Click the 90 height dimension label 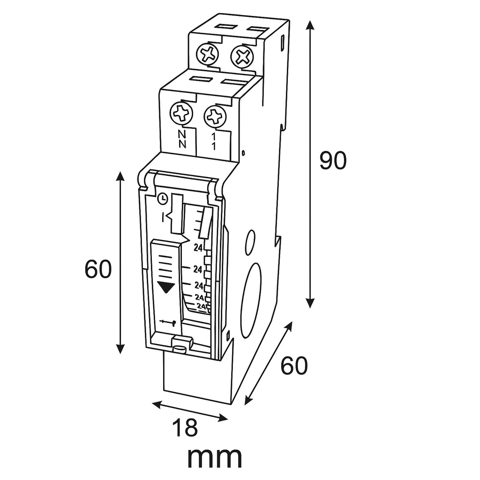tap(333, 160)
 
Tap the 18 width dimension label tap(185, 427)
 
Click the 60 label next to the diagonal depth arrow tap(294, 366)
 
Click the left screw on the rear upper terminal tap(208, 54)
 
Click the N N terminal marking tap(182, 139)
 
